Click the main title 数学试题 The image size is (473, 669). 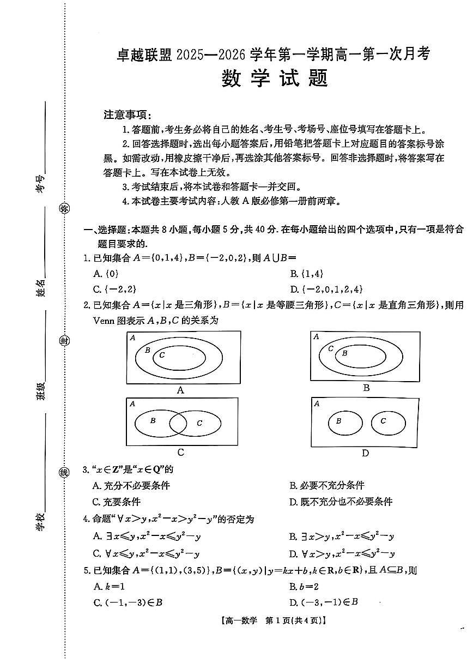tap(275, 79)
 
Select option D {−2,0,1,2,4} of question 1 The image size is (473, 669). tap(326, 289)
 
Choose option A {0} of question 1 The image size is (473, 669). tap(106, 274)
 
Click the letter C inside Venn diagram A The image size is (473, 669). tap(162, 355)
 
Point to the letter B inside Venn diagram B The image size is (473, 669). tap(344, 353)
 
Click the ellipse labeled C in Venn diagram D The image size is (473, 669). tap(387, 422)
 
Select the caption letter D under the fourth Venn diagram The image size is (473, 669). tap(365, 453)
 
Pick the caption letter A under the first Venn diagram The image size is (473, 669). tap(181, 390)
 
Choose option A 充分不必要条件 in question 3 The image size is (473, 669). tap(132, 485)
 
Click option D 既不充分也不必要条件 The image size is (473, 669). tap(341, 502)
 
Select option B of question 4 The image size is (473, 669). tap(342, 537)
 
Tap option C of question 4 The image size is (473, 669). tap(146, 554)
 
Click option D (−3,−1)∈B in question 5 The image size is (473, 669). tap(324, 602)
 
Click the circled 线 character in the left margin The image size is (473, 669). tap(64, 472)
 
